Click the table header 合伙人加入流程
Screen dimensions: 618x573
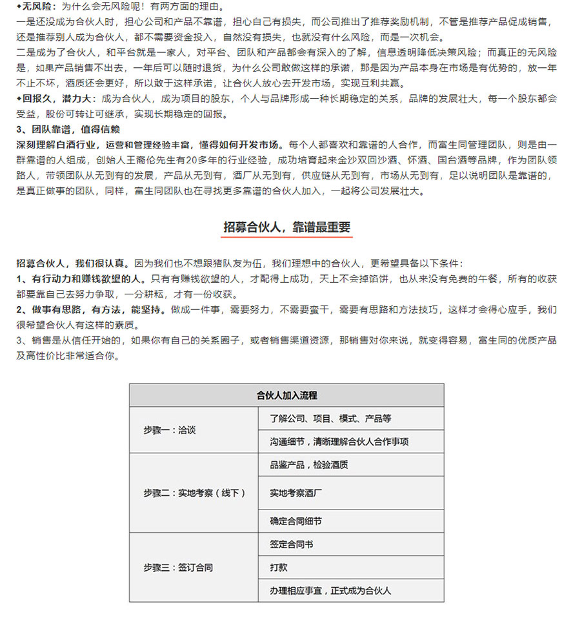click(286, 395)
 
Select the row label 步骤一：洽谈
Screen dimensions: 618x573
click(170, 429)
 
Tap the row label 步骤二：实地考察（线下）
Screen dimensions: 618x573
click(194, 493)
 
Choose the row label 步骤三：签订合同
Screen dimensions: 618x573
click(178, 568)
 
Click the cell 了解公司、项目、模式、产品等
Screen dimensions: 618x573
click(330, 418)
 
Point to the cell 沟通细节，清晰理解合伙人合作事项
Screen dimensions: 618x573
click(339, 442)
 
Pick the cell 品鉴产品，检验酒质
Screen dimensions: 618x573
click(309, 465)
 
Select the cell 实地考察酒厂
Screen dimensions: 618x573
click(296, 493)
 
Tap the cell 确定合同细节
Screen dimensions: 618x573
click(296, 520)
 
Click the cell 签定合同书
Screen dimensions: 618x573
click(292, 544)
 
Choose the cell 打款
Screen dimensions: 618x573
click(279, 568)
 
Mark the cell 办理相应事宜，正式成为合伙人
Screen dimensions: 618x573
click(330, 590)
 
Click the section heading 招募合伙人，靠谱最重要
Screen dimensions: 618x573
click(286, 227)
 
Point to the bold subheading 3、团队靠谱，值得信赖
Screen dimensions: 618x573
click(68, 129)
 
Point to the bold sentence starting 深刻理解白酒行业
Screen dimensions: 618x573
click(151, 144)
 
